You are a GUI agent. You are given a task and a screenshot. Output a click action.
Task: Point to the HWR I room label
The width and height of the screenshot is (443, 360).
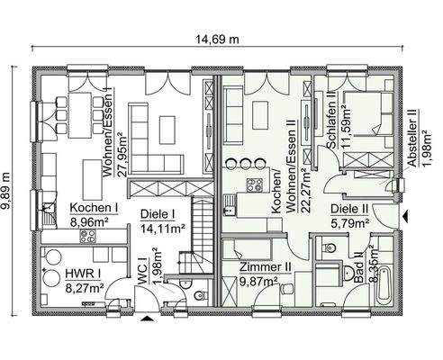(x=81, y=273)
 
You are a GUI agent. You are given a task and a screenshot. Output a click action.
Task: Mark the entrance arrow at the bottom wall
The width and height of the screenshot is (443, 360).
(x=149, y=318)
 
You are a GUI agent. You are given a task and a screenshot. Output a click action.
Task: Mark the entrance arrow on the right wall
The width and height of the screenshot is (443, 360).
(x=408, y=216)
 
